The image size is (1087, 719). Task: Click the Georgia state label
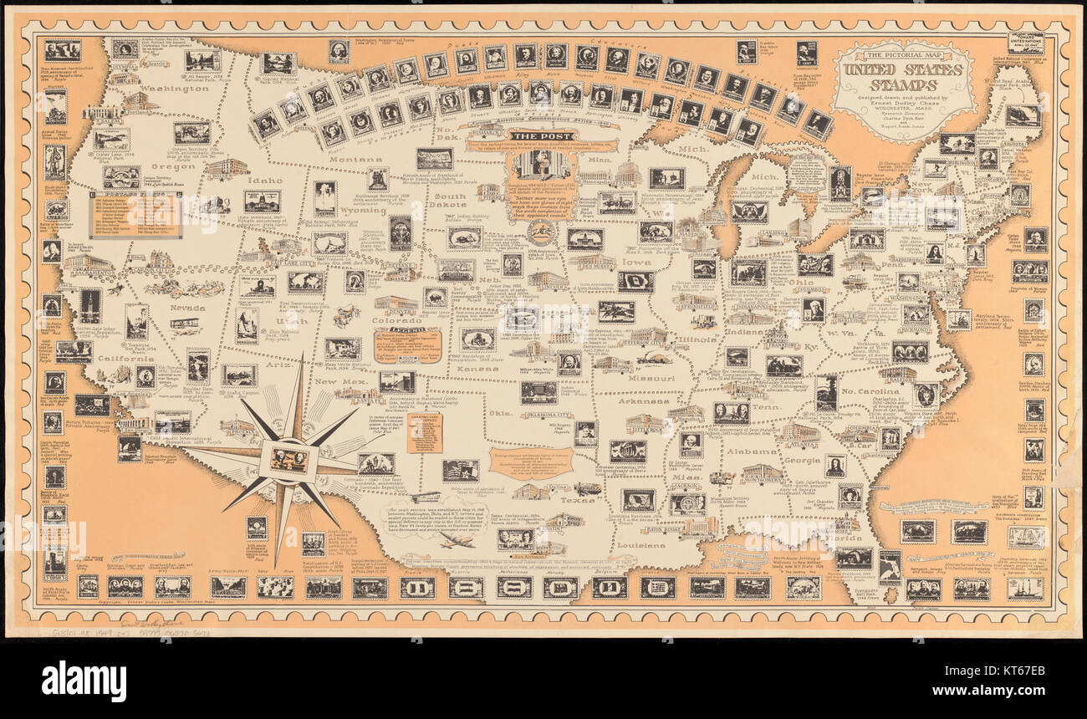(x=802, y=460)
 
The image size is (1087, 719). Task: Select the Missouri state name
(x=651, y=378)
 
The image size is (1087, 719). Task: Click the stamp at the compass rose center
(x=288, y=459)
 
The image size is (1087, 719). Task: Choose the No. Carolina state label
(x=870, y=390)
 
